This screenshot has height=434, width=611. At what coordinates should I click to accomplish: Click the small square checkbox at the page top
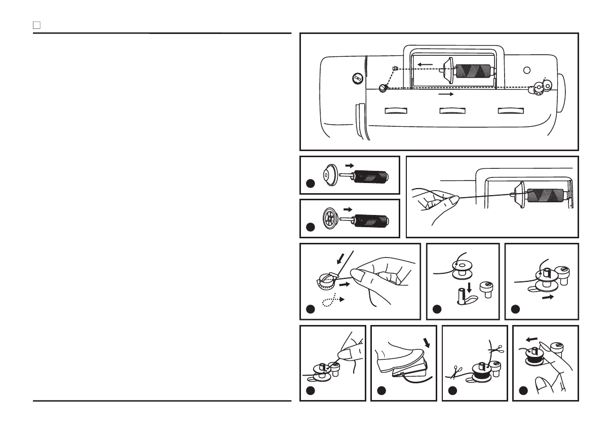(x=36, y=24)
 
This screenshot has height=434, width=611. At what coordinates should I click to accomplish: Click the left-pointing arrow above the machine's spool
(x=425, y=64)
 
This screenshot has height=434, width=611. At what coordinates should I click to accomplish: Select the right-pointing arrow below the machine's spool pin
(x=445, y=94)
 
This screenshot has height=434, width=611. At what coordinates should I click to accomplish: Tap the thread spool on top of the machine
(x=474, y=71)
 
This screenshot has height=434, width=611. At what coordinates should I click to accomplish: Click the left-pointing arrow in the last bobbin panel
(x=531, y=340)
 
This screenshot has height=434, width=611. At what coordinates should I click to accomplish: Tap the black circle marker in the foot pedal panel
(x=381, y=391)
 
